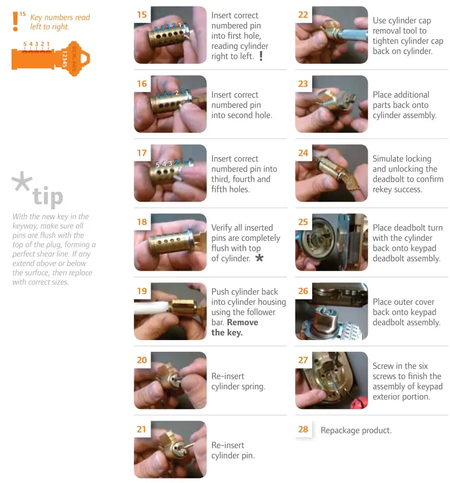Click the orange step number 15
(142, 14)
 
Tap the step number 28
(303, 429)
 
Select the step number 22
(303, 14)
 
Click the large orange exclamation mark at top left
(15, 21)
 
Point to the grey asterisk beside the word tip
(21, 181)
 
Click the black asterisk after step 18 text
(259, 257)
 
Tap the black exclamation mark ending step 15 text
(261, 56)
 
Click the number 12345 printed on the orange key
(64, 59)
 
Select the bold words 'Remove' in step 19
(243, 322)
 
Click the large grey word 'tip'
(48, 196)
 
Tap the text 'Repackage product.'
(356, 430)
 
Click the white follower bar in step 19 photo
(152, 307)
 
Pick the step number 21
(141, 429)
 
